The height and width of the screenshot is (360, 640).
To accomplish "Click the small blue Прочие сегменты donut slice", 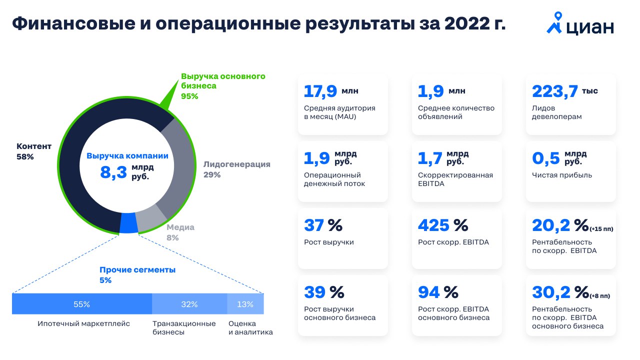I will pyautogui.click(x=128, y=223).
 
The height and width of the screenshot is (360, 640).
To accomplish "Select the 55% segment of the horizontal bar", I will pyautogui.click(x=81, y=304).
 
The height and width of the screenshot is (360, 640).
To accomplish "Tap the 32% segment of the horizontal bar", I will pyautogui.click(x=189, y=304).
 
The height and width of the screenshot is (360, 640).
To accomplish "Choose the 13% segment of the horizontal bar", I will pyautogui.click(x=245, y=304).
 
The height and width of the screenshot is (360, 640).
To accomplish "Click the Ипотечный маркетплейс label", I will pyautogui.click(x=83, y=323).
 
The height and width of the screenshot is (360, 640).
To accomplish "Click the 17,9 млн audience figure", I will pyautogui.click(x=330, y=91).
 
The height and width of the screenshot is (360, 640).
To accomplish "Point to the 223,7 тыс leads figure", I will pyautogui.click(x=564, y=91).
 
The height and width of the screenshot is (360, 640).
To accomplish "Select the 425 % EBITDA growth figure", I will pyautogui.click(x=442, y=225).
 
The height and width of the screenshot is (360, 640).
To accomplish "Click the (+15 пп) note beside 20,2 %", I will pyautogui.click(x=601, y=229).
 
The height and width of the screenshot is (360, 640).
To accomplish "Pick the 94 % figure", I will pyautogui.click(x=437, y=292).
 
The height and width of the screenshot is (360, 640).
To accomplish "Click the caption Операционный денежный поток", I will pyautogui.click(x=334, y=179).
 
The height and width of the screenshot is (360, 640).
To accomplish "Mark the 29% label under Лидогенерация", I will pyautogui.click(x=212, y=175).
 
